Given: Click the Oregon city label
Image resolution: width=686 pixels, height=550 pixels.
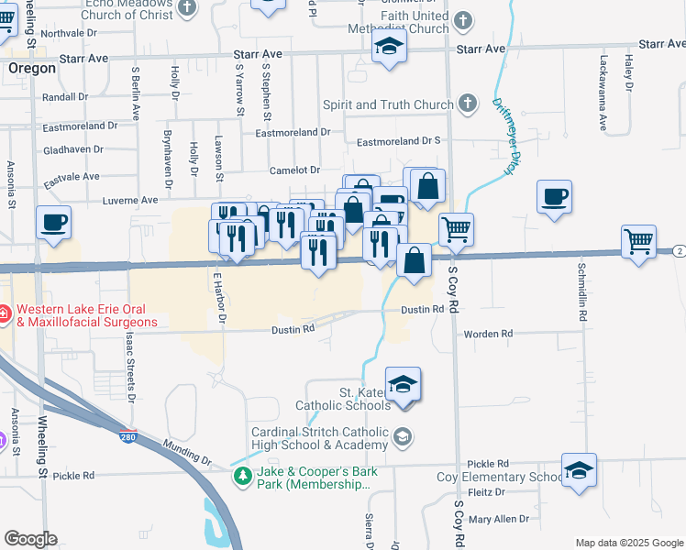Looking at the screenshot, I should pyautogui.click(x=32, y=68).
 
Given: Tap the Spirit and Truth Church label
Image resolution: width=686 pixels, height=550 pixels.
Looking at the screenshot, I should pyautogui.click(x=388, y=104).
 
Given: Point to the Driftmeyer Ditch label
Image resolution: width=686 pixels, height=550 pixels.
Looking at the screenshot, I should pyautogui.click(x=503, y=137).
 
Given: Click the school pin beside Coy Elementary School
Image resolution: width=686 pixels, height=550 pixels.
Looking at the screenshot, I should pyautogui.click(x=579, y=471).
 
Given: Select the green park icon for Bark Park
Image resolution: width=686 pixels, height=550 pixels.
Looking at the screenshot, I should pyautogui.click(x=242, y=476).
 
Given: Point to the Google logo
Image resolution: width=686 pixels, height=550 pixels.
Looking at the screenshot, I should pyautogui.click(x=30, y=539).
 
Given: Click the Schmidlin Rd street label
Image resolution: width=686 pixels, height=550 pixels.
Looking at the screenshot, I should pyautogui.click(x=582, y=293).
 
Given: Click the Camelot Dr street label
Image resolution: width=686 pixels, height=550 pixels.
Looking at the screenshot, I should pyautogui.click(x=294, y=170).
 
